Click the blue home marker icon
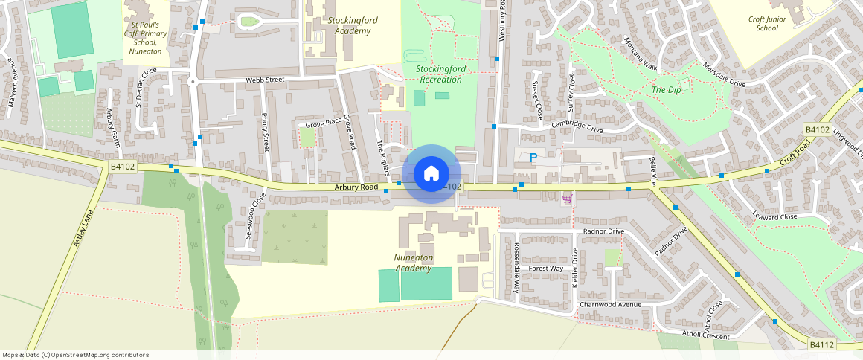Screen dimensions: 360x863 [430, 174]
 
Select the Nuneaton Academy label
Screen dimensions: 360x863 [414, 263]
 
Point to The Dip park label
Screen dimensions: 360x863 [666, 90]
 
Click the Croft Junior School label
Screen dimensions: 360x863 [767, 23]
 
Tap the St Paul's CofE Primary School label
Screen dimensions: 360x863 [144, 36]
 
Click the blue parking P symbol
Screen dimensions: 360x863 [533, 158]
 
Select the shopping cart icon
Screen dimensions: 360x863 [567, 199]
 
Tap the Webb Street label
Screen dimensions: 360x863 [266, 80]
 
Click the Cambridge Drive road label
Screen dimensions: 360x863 [577, 128]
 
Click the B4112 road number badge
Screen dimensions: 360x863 [821, 345]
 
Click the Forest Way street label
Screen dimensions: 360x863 [546, 269]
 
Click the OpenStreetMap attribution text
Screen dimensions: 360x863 [75, 355]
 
